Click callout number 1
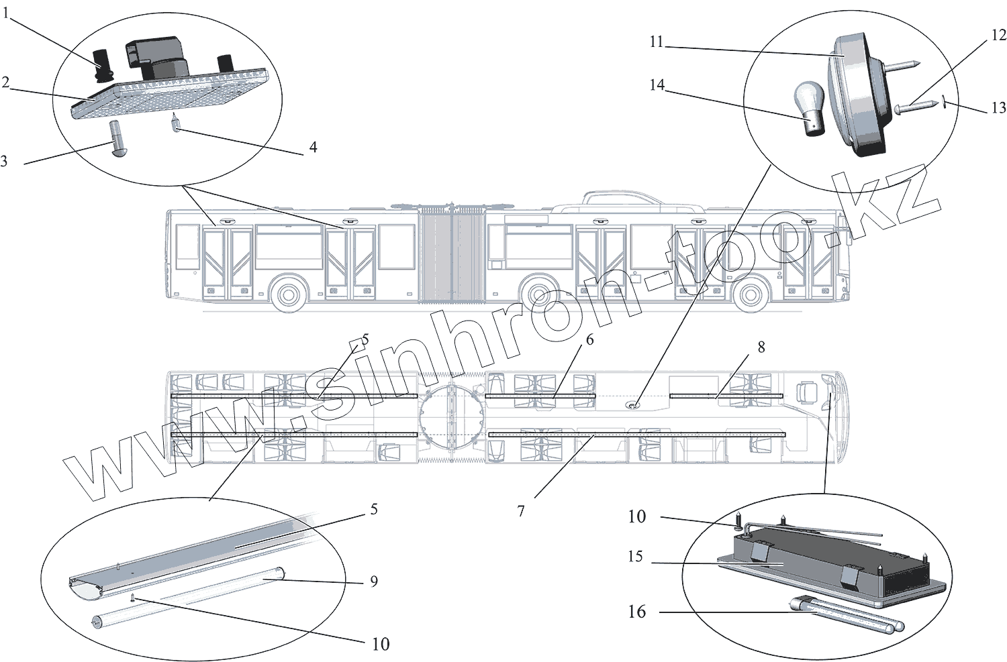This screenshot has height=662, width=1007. click(5, 13)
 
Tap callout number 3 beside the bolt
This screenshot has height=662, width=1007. click(5, 161)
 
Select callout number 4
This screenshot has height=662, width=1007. click(313, 147)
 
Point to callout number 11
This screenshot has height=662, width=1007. click(656, 42)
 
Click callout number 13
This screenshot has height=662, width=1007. click(998, 107)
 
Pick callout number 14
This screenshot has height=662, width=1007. click(657, 85)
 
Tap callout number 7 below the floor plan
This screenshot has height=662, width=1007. click(521, 511)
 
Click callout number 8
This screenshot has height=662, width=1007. click(761, 347)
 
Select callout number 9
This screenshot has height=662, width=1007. click(374, 581)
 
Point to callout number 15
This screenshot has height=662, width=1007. click(635, 557)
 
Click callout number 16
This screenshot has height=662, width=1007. click(636, 612)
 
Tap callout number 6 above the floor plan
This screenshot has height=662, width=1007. click(589, 339)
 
